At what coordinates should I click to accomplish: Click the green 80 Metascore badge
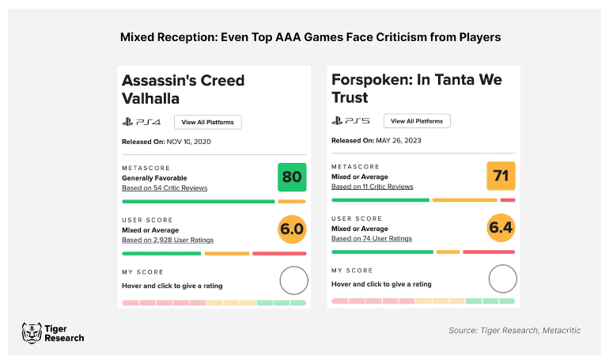coord(292,176)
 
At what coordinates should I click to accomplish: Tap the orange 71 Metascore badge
coord(501,175)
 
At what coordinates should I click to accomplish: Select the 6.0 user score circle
coord(292,229)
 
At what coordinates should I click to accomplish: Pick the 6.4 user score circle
coord(501,229)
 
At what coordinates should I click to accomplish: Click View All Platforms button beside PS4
coord(208,122)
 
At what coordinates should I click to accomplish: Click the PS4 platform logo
coord(142,122)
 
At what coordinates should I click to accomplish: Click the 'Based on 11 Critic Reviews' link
coord(372,187)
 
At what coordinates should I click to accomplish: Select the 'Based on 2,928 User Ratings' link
coord(168,240)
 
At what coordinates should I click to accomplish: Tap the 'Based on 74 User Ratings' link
coord(372,238)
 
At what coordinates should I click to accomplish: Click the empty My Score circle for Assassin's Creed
coord(293,280)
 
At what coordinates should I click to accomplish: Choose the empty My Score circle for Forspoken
coord(502,279)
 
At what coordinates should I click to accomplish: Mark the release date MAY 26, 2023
coord(398,140)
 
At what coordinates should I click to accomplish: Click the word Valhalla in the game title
coord(151,99)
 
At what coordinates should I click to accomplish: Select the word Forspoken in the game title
coord(369,80)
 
